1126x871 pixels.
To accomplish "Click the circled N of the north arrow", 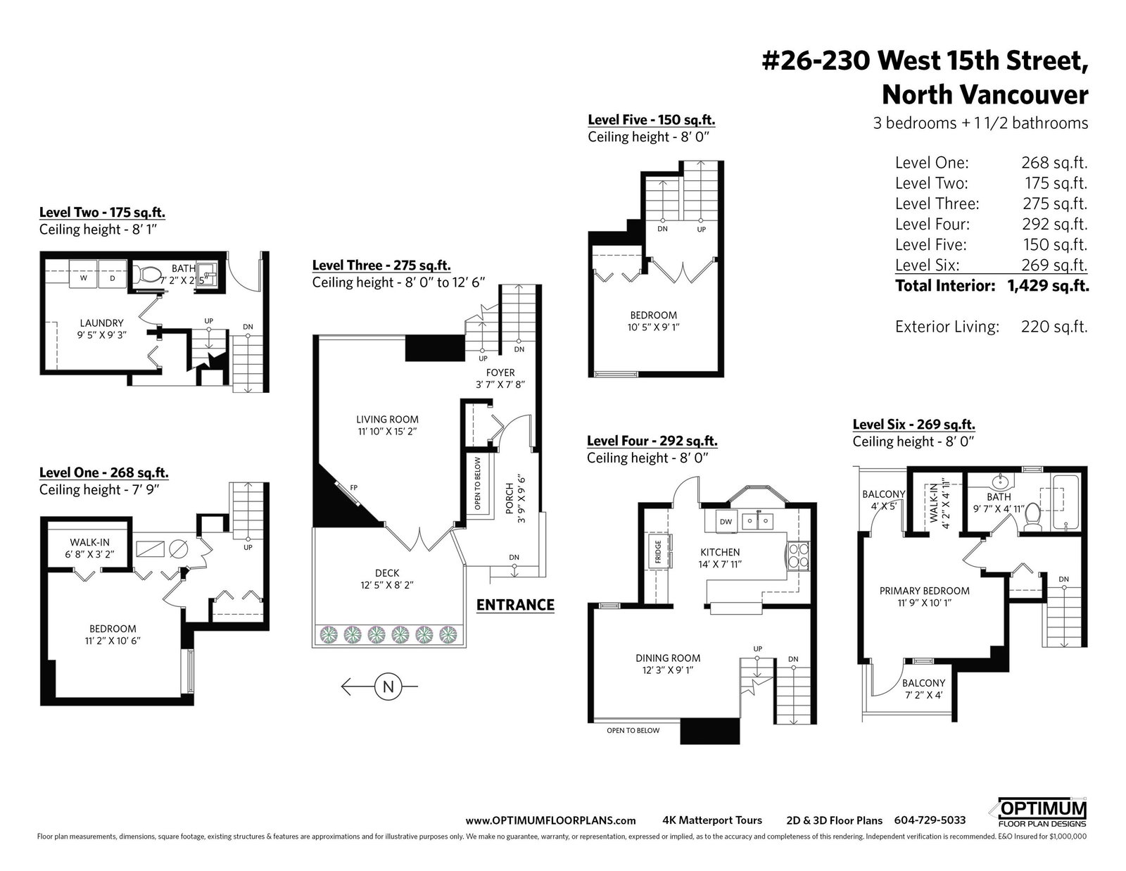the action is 388,687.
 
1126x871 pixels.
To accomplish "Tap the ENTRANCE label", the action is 515,605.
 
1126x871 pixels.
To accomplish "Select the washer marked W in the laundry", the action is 84,274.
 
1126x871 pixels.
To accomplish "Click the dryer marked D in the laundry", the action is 113,274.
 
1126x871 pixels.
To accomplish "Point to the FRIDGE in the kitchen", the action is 658,551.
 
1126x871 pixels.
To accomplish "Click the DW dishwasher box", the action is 726,522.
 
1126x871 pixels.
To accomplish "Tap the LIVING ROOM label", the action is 387,420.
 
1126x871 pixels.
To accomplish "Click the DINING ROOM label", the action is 668,658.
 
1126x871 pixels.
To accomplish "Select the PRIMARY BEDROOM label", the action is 925,591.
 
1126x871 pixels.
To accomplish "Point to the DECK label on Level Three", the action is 387,573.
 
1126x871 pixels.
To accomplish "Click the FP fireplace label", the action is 354,487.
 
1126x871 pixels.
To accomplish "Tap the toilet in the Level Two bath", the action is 148,274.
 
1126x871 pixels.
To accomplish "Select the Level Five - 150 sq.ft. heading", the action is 652,120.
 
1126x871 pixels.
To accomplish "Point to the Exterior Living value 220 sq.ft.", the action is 1054,327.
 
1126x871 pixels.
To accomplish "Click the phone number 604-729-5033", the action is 930,820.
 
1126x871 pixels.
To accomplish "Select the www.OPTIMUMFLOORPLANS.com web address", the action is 550,821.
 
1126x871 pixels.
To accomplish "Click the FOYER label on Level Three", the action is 500,372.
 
